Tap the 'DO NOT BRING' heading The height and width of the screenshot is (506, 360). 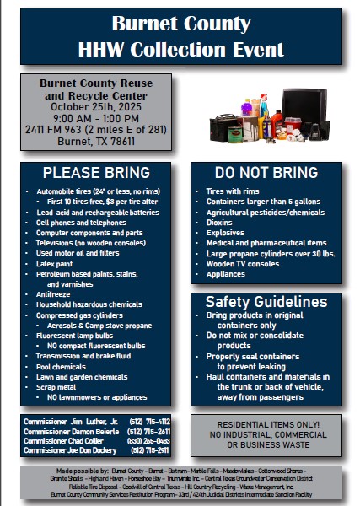(266, 173)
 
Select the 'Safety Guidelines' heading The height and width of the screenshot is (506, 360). (266, 302)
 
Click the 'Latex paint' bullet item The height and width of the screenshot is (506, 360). (56, 263)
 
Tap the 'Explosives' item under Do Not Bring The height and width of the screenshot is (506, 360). (225, 232)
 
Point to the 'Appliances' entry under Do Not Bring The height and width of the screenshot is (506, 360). (225, 273)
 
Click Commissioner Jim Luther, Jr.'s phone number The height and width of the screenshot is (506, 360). (152, 421)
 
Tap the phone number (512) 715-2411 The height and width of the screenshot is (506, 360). (152, 450)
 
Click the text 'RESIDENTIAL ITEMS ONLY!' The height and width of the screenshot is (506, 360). (266, 423)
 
